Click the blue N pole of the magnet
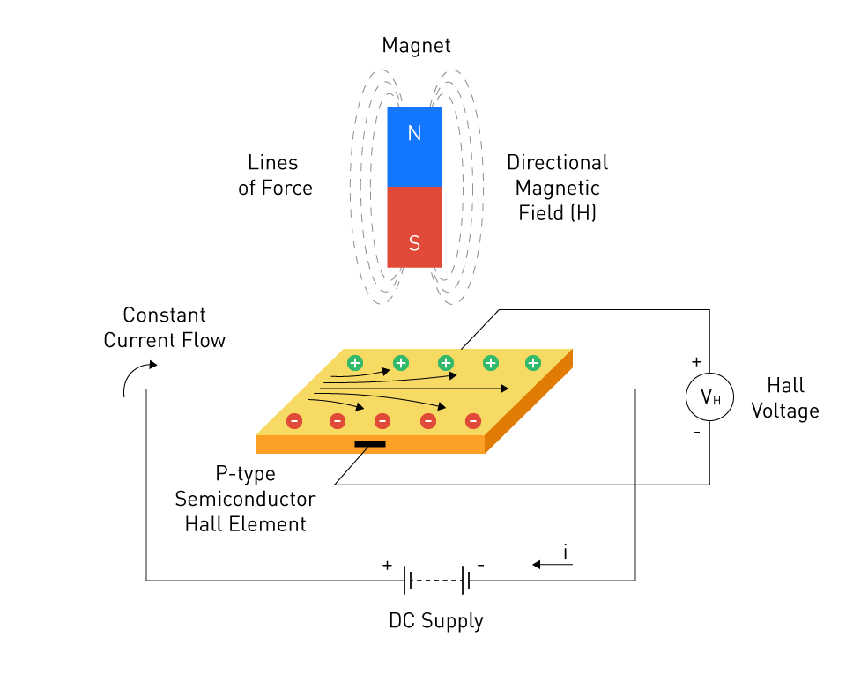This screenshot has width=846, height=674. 414,145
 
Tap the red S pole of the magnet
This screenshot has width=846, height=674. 414,227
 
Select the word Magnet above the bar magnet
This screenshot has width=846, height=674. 416,45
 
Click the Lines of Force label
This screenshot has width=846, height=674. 274,175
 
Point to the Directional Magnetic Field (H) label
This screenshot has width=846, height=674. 557,188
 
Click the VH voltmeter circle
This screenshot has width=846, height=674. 709,397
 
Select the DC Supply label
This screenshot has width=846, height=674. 436,620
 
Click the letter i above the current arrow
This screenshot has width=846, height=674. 565,552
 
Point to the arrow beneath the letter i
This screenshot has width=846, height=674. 553,565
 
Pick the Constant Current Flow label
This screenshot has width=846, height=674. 165,328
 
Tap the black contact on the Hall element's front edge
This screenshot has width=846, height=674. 370,443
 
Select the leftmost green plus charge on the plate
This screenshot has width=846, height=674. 354,362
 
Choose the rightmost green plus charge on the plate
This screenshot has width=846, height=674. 533,362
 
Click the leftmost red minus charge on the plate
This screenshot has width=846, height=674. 294,421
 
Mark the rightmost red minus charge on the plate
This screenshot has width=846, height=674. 473,421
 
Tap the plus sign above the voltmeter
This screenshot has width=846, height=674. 696,362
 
